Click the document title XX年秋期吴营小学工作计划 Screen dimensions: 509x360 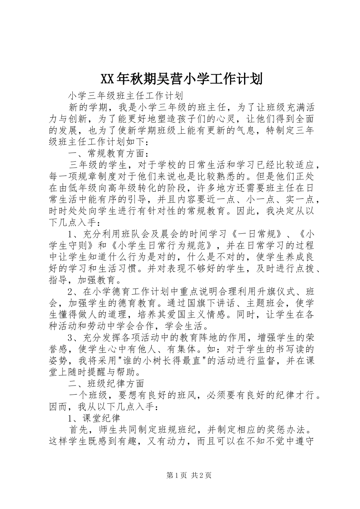click(180, 79)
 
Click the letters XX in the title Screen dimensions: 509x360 click(107, 79)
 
